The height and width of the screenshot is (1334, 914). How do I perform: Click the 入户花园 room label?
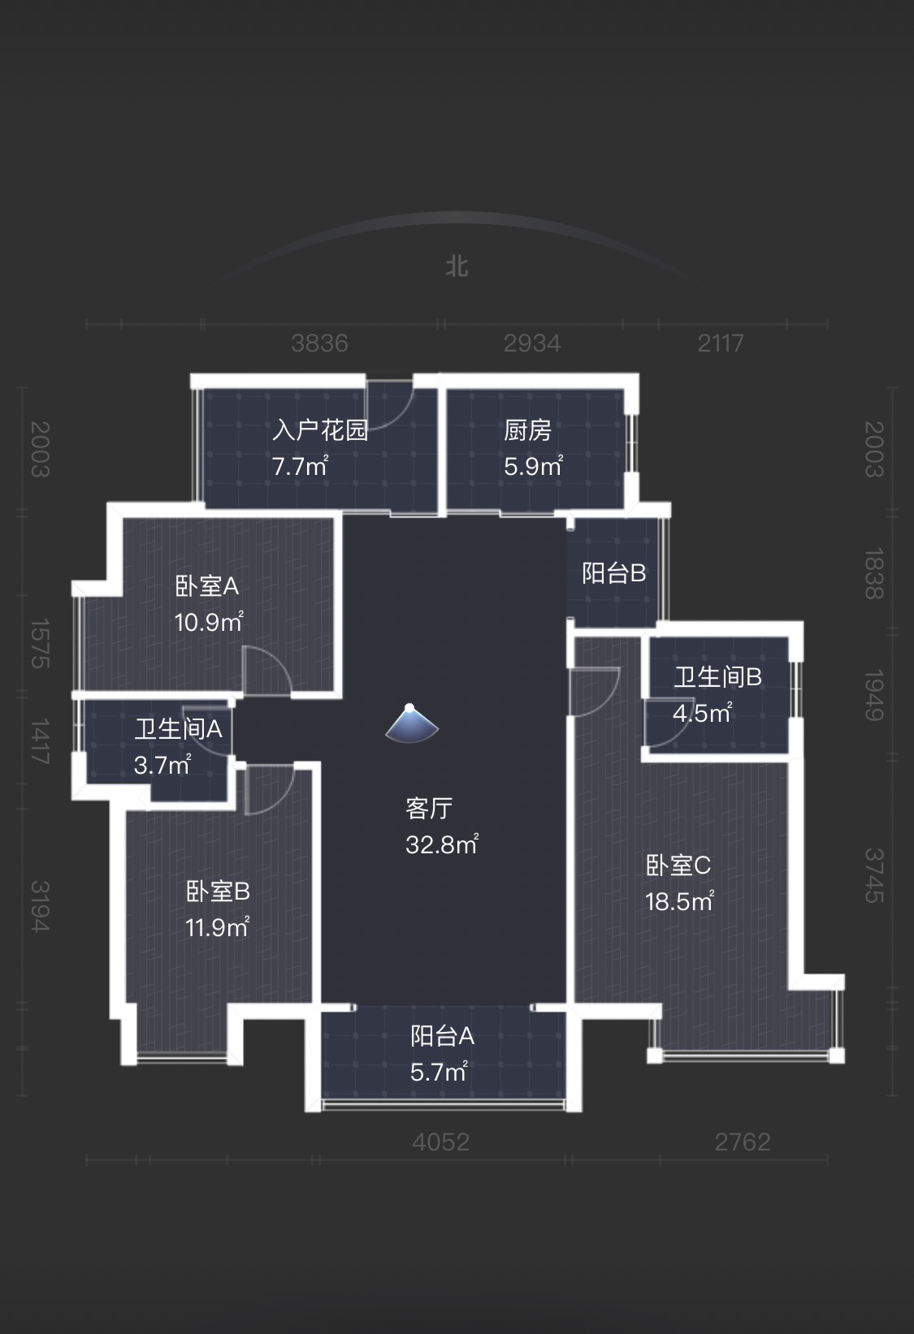coord(320,430)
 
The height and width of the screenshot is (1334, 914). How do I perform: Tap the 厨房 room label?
coord(527,430)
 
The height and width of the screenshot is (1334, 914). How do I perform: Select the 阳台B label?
coord(613,573)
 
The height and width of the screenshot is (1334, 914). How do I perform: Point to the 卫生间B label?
coord(717,676)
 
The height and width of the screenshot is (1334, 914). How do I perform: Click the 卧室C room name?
coord(678,866)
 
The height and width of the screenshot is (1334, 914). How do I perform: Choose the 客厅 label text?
coord(428,808)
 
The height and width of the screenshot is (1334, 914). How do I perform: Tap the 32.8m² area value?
coord(441,844)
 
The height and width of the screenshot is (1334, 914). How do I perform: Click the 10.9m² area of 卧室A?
coord(208,622)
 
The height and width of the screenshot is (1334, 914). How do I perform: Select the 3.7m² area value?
coord(162,765)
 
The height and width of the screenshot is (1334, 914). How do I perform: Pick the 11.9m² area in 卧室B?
coord(217,927)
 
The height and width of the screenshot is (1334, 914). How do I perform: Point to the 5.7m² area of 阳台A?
coord(439,1072)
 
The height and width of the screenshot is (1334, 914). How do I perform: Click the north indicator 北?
coord(457,266)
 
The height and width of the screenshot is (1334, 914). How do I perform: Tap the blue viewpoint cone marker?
coord(411,723)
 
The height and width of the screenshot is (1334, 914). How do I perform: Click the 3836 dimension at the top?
coord(319,343)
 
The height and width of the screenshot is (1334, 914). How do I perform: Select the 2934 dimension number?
coord(531,343)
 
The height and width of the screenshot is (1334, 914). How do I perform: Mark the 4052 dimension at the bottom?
coord(440,1142)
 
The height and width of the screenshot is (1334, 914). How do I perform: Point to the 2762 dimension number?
coord(742,1142)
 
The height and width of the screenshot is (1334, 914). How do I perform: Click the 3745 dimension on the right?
coord(873,875)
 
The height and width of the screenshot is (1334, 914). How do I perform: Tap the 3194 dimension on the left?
coord(40,906)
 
